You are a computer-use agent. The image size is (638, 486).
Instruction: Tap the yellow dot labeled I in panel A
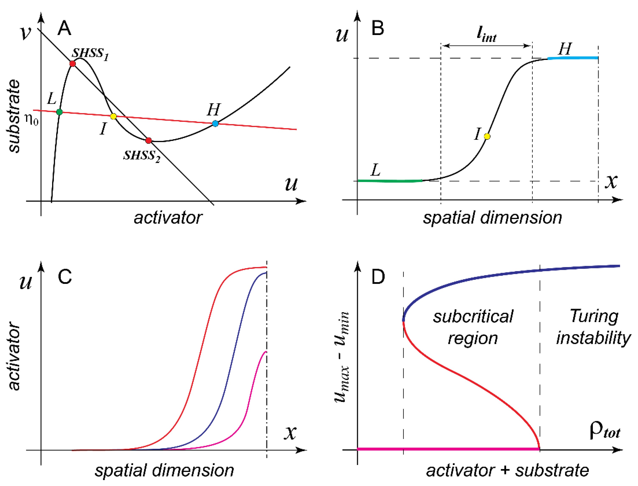113,116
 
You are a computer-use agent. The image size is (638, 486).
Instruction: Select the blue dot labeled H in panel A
215,123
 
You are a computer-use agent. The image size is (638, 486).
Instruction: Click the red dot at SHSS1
72,63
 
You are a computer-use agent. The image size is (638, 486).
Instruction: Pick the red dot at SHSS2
148,141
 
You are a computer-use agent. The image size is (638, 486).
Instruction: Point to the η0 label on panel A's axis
31,119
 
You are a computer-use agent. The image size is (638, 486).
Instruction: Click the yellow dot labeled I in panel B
487,136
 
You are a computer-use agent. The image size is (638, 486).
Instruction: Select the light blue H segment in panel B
573,58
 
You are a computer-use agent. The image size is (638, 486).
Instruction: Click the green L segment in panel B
390,181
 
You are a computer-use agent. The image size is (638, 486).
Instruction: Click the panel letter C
65,277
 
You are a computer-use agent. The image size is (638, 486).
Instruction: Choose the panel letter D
378,277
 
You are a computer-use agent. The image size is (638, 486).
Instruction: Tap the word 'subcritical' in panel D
473,316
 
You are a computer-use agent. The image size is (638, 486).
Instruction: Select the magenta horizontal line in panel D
448,449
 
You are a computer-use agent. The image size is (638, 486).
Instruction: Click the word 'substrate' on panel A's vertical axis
14,116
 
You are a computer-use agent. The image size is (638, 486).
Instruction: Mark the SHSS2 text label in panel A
142,156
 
